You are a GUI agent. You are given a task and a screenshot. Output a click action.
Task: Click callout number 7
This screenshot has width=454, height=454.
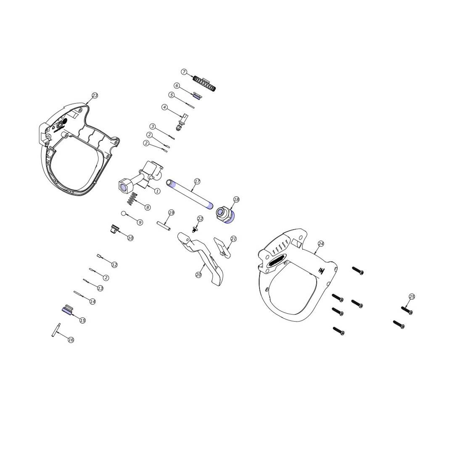click(184, 72)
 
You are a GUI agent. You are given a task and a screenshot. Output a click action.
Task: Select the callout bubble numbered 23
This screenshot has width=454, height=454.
click(95, 95)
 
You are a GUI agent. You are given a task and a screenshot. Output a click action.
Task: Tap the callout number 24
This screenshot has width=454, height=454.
click(321, 244)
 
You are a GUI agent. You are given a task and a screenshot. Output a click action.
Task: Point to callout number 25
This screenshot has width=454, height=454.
click(412, 296)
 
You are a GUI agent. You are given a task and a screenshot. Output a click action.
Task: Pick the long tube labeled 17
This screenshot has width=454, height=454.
click(190, 194)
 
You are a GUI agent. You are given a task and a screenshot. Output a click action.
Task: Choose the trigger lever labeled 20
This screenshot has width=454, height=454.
click(203, 258)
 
